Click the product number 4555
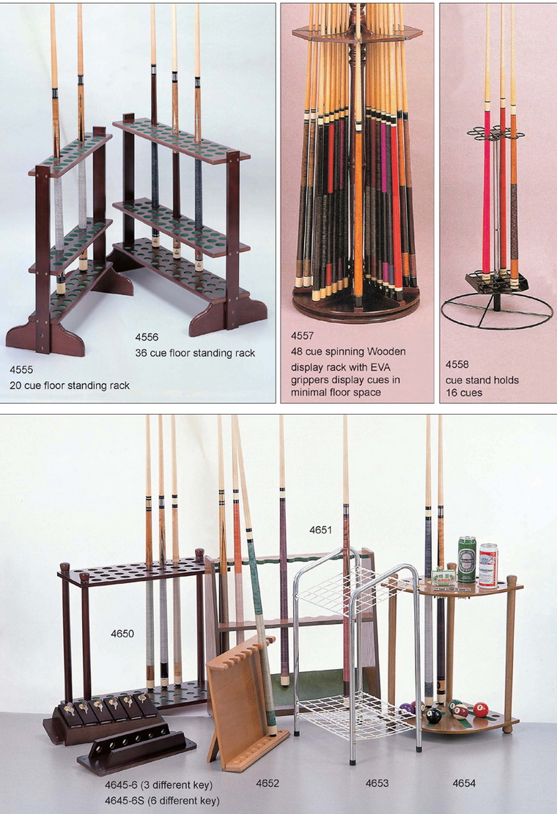pyautogui.click(x=21, y=369)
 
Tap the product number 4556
pyautogui.click(x=147, y=337)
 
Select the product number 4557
pyautogui.click(x=302, y=336)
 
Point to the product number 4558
pyautogui.click(x=457, y=364)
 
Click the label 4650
pyautogui.click(x=122, y=633)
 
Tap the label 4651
pyautogui.click(x=320, y=530)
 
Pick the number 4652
pyautogui.click(x=268, y=782)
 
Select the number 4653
pyautogui.click(x=377, y=782)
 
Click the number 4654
pyautogui.click(x=464, y=782)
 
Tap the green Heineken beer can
pyautogui.click(x=467, y=560)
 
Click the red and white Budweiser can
pyautogui.click(x=488, y=566)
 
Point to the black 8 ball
pyautogui.click(x=433, y=716)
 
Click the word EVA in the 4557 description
pyautogui.click(x=380, y=367)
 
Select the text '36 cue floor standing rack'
pyautogui.click(x=195, y=353)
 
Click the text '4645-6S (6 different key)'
pyautogui.click(x=162, y=801)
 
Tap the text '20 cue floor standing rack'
pyautogui.click(x=70, y=385)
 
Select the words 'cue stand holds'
pyautogui.click(x=482, y=380)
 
